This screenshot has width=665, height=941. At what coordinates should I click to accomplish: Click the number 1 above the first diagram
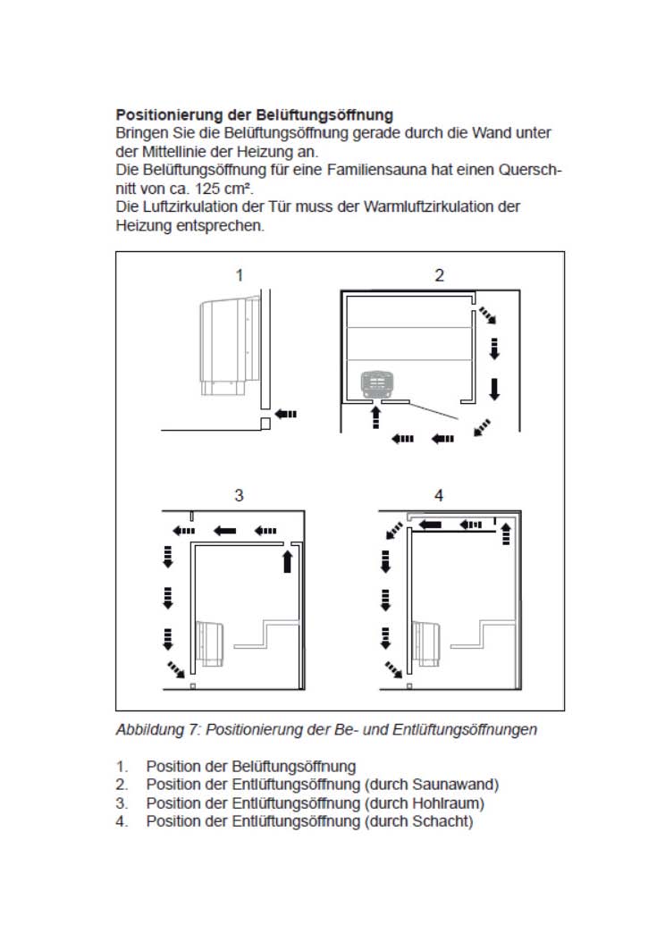[x=239, y=275]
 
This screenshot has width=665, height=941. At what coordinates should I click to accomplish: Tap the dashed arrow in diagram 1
[x=286, y=414]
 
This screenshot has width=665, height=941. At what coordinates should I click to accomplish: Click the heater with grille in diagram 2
[x=377, y=385]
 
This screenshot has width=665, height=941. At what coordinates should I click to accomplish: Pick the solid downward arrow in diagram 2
[x=494, y=388]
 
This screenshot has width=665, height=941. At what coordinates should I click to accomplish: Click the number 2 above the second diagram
[x=439, y=275]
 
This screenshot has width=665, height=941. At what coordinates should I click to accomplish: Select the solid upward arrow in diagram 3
[x=287, y=560]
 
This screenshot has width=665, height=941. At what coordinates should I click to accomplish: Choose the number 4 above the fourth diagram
[x=438, y=495]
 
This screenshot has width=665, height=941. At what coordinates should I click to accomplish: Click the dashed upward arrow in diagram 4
[x=506, y=534]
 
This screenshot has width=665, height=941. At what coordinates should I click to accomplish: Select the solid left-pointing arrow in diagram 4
[x=431, y=525]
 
